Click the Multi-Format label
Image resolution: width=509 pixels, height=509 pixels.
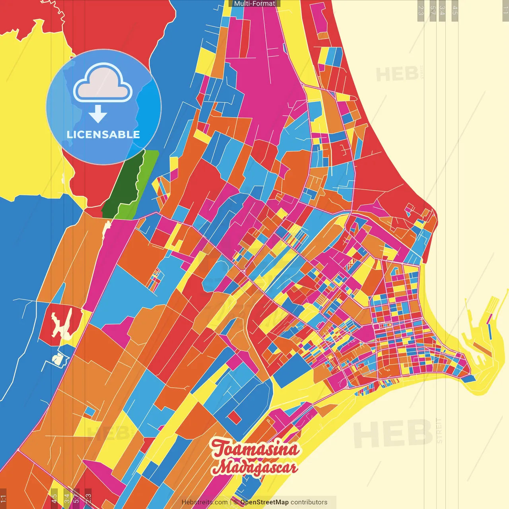(x=254, y=4)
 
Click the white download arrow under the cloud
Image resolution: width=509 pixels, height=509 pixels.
(x=98, y=114)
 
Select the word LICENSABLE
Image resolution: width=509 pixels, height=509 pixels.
(x=103, y=134)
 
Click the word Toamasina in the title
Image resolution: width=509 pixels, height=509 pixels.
(x=255, y=449)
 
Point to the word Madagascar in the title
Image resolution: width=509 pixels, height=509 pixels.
(x=255, y=467)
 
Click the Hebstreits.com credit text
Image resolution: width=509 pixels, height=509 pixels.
(x=204, y=502)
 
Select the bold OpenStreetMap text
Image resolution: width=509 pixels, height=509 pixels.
(x=264, y=502)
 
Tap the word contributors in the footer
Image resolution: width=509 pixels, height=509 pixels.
(x=309, y=502)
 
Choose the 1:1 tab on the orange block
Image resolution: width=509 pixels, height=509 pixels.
(x=3, y=498)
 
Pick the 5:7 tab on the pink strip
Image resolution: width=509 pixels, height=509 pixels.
(x=76, y=498)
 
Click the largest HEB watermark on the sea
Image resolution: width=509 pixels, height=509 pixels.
(x=392, y=433)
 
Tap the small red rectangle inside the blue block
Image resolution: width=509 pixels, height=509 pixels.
(x=234, y=417)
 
